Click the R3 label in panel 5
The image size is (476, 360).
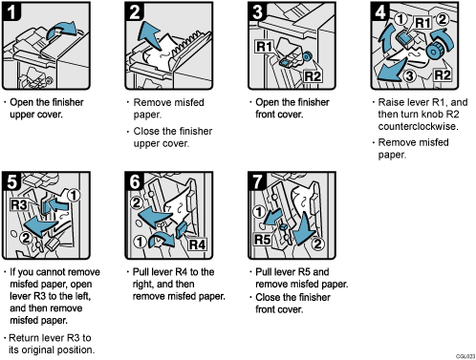18,203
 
